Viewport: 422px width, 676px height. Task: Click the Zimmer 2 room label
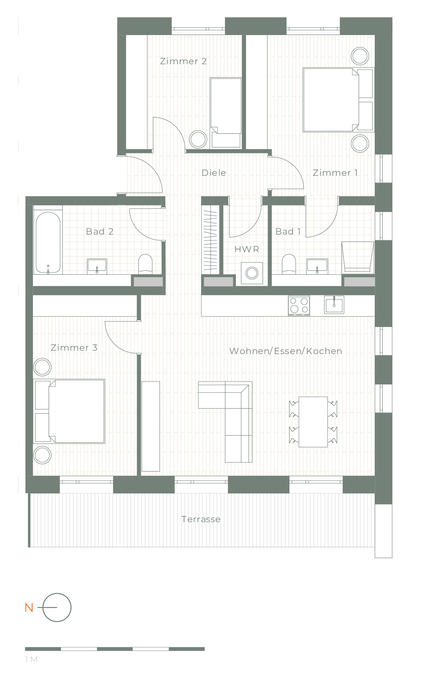[183, 61]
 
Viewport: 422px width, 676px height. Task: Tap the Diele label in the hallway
[214, 173]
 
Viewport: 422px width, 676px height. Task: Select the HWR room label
[247, 249]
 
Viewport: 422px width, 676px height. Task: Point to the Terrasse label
[201, 519]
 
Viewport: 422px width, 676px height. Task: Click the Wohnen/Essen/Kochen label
[286, 351]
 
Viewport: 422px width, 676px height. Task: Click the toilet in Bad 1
[289, 264]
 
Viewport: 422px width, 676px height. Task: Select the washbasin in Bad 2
[97, 267]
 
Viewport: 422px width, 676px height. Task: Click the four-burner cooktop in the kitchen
[299, 305]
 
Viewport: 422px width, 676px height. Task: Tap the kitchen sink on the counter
[334, 305]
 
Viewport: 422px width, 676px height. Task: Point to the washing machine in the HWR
[252, 273]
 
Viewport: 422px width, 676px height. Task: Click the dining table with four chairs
[313, 422]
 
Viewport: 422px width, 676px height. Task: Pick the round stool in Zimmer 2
[198, 139]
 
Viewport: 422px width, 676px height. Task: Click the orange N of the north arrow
[29, 608]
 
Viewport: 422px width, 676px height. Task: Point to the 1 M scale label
[31, 660]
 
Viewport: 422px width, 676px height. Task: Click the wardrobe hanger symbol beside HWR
[211, 240]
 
